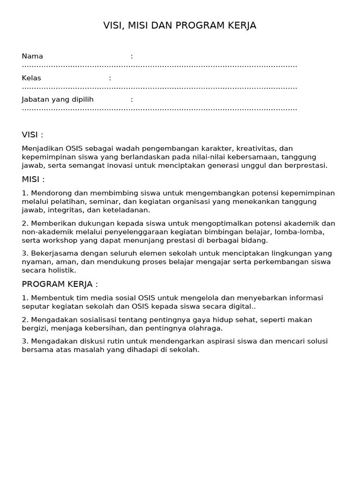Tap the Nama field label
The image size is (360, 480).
pos(32,56)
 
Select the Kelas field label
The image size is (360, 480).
pos(31,78)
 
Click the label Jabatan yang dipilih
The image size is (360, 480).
pos(58,99)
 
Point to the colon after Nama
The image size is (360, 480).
pos(132,56)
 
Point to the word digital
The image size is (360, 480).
pos(240,307)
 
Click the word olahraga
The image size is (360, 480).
pos(202,328)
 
